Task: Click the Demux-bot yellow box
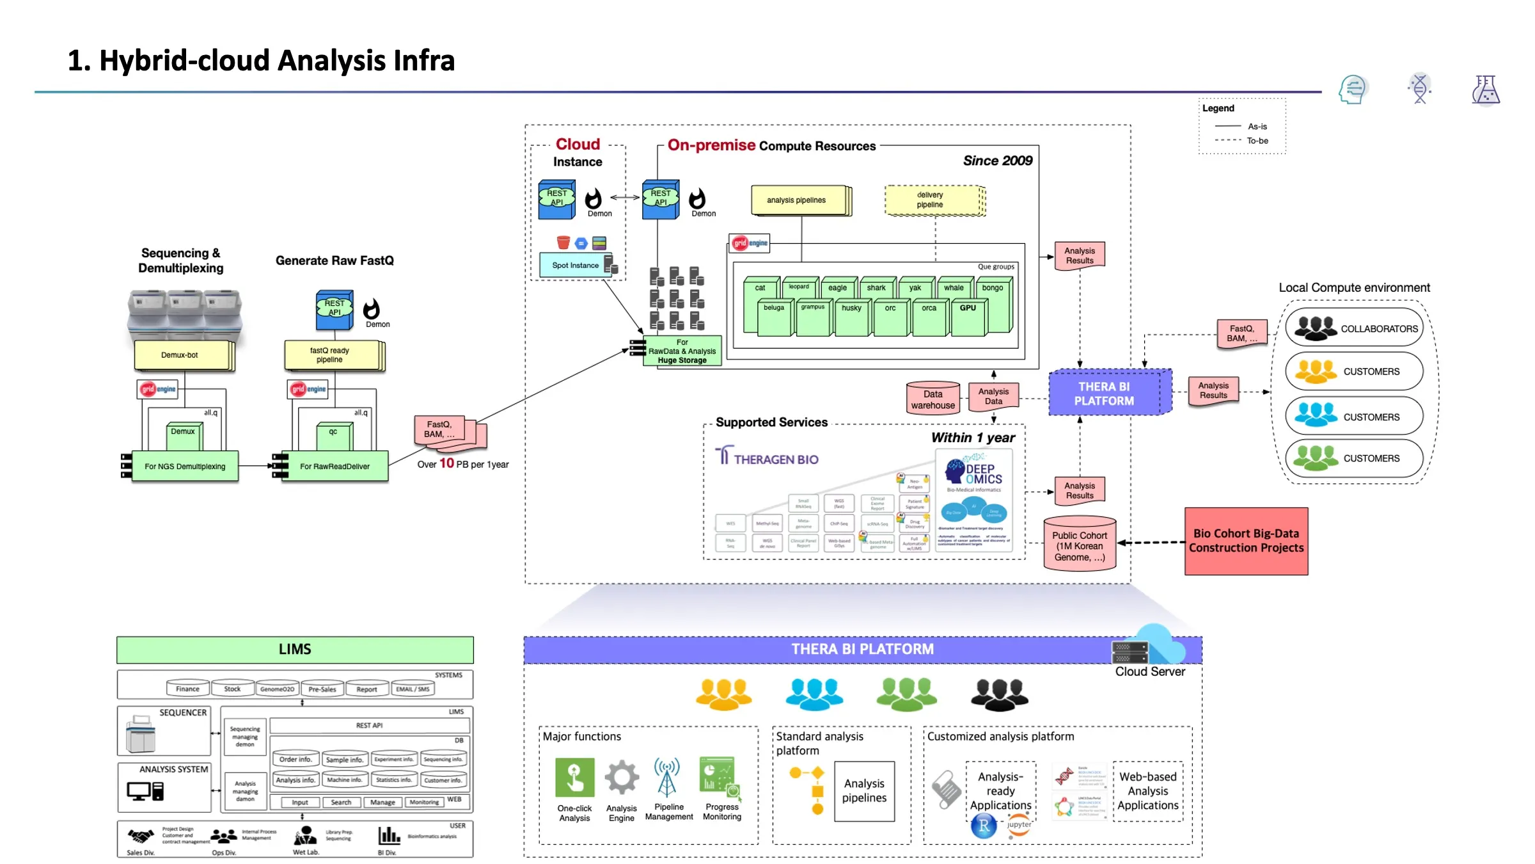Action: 182,355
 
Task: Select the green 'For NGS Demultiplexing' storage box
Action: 185,467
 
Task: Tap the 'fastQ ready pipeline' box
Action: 331,355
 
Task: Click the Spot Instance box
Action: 575,265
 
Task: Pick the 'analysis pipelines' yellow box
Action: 798,200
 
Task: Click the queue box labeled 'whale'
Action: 954,288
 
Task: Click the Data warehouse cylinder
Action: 933,399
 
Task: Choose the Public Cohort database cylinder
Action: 1079,545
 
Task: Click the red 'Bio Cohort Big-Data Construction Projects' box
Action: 1246,541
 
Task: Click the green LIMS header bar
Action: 295,650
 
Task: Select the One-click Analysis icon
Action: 574,777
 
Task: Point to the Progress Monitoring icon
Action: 720,777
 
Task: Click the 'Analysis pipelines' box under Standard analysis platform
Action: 864,791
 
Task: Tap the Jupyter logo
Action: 1019,824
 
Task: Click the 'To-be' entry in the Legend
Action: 1257,141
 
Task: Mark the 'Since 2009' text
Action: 998,161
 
